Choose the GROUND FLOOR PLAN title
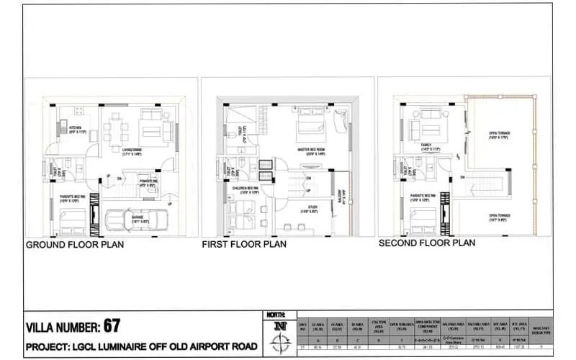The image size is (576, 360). point(76,245)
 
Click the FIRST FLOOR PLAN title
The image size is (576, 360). point(244,245)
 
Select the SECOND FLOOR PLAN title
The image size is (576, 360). point(427,243)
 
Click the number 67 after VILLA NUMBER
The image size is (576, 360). point(112,325)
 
